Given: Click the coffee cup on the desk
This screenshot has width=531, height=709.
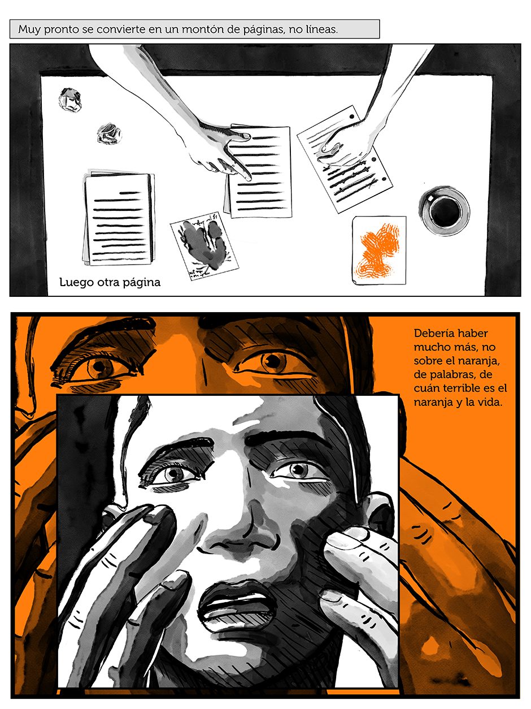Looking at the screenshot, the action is coord(444,210).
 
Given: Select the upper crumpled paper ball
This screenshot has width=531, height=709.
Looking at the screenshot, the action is coord(69,100).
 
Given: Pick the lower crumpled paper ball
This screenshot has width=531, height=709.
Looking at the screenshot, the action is coord(110,133).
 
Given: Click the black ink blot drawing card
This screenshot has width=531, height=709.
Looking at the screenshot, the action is coord(204,245).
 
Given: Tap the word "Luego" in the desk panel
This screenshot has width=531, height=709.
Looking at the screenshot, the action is coord(76,283).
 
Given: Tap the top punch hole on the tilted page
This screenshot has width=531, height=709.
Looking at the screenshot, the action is coord(351,116).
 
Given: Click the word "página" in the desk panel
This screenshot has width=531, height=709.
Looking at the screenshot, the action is coord(142,283).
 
